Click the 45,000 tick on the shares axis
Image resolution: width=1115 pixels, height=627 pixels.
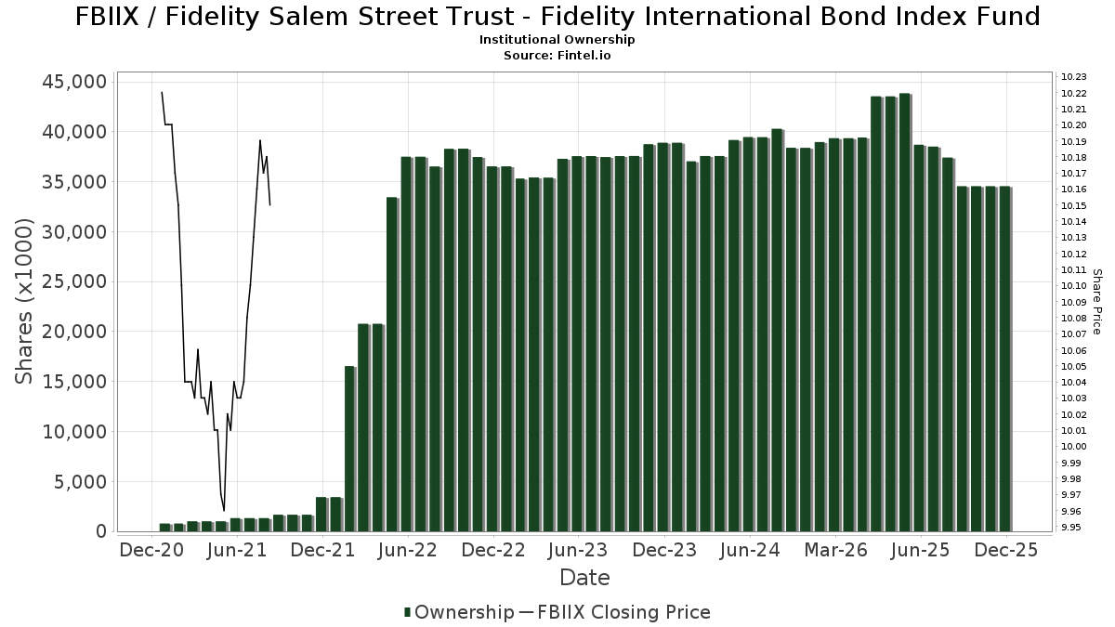[x=71, y=82]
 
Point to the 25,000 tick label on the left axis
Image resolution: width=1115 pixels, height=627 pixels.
[x=71, y=281]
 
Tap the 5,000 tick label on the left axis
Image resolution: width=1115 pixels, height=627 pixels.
[x=77, y=481]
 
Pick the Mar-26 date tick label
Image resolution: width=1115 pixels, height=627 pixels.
[x=834, y=550]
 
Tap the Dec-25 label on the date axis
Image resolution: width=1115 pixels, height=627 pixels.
[x=1005, y=550]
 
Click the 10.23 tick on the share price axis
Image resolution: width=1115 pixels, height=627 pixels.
[x=1073, y=77]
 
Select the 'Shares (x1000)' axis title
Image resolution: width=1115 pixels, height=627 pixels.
[x=25, y=301]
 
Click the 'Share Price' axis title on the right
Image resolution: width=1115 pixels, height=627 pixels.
[x=1096, y=301]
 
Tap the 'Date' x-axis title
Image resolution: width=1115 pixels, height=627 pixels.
[x=584, y=578]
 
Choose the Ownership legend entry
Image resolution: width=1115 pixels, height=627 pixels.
[x=459, y=612]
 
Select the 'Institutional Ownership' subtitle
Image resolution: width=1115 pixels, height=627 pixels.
[x=557, y=40]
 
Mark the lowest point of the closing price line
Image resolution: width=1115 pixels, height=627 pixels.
[x=224, y=510]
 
